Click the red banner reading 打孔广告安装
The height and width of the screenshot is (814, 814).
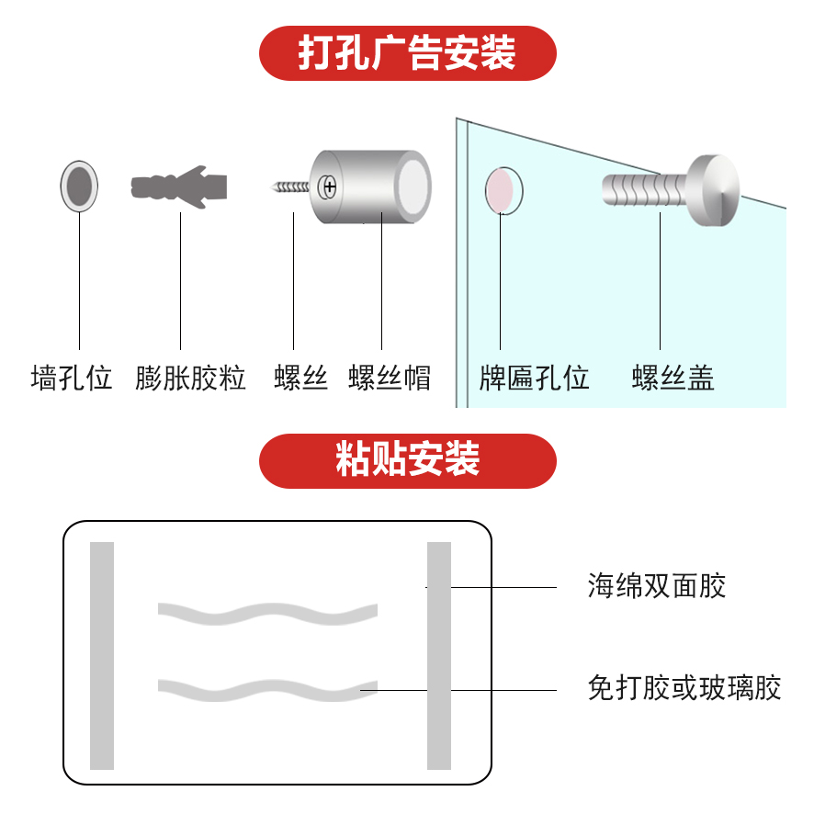[407, 53]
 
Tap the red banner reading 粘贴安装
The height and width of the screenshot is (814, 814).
[407, 460]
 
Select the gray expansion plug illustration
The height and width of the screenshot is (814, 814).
[180, 187]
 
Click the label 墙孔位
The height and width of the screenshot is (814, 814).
[72, 378]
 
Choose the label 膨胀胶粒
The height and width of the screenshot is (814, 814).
[191, 378]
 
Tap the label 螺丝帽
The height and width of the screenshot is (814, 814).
[390, 378]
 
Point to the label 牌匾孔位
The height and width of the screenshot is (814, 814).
[534, 378]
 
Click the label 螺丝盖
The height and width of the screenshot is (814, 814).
[673, 378]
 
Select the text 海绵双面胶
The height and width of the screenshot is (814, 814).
[657, 586]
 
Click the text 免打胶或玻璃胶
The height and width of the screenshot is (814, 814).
[684, 688]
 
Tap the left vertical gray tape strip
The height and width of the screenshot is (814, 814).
[102, 655]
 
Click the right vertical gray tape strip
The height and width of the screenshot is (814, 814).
[439, 655]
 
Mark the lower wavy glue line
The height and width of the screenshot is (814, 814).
[267, 688]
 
